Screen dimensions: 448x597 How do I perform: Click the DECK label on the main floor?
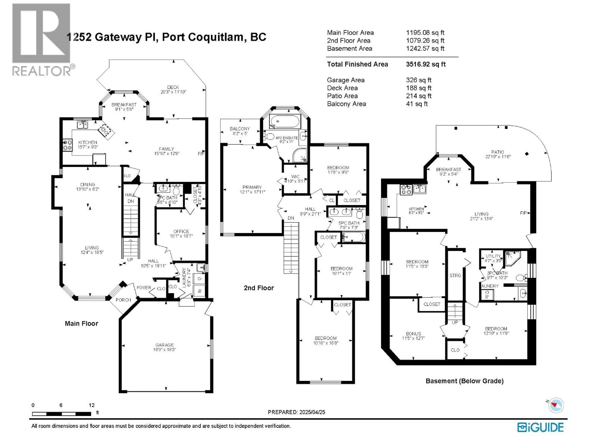173,87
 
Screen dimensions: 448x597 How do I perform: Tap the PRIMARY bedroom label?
252,187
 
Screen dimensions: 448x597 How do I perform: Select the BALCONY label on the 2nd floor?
240,129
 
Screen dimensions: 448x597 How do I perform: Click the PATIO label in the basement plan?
497,152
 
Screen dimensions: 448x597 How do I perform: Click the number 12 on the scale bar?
91,405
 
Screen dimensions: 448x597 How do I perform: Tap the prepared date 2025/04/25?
312,412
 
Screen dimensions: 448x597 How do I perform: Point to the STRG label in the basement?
455,275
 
